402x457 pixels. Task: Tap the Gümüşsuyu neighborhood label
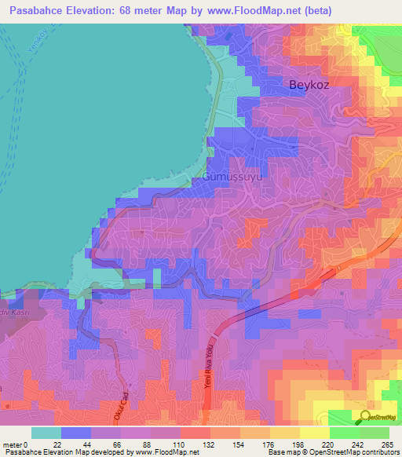[x=232, y=178]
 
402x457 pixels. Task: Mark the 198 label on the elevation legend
[x=299, y=444]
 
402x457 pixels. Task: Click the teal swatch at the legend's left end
[x=45, y=433]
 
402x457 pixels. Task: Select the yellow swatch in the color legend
[x=314, y=433]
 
